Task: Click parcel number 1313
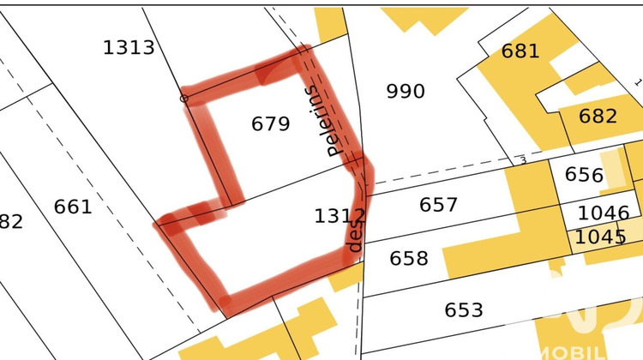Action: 129,47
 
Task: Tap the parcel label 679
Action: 271,124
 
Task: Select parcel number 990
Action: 406,91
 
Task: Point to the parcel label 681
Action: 520,51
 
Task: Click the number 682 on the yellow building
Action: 598,116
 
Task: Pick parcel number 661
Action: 73,207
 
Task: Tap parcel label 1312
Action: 340,216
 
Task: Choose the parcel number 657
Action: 438,205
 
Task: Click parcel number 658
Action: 409,258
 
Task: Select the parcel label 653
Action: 464,309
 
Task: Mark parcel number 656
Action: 584,175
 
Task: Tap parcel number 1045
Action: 601,237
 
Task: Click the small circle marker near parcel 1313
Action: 183,99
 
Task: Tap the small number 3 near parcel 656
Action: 522,160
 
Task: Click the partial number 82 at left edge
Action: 11,222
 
